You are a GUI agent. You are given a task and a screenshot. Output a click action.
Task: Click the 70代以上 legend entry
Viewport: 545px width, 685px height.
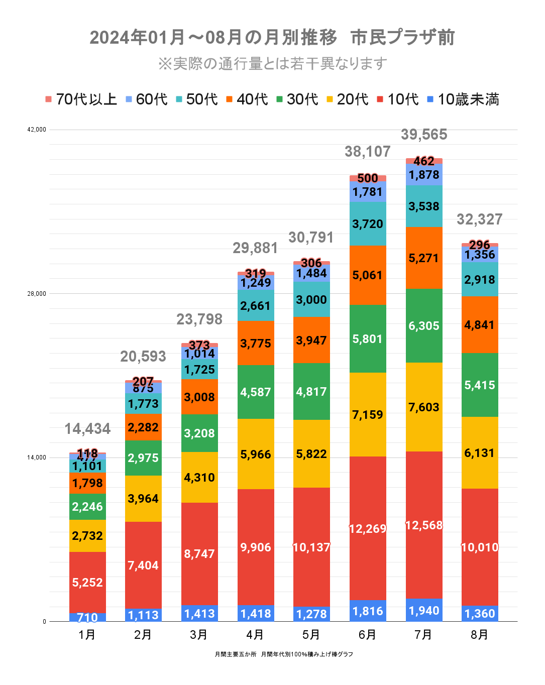81,99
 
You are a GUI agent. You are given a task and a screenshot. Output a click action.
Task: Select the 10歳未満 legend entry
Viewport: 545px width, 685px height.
463,99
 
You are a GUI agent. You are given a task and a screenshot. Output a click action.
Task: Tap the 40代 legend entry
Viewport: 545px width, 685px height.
247,99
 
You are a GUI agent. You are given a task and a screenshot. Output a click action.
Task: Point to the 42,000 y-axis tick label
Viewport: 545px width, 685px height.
37,130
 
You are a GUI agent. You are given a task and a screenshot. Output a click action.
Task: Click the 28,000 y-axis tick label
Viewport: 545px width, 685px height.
37,294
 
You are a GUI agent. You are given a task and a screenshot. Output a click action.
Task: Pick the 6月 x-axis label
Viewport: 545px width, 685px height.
367,635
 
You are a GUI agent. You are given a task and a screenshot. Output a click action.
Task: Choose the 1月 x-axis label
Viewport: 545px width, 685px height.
87,635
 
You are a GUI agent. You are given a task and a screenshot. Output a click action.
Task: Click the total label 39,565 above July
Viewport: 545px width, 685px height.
424,135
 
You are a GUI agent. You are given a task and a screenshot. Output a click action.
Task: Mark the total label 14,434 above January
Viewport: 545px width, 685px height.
87,429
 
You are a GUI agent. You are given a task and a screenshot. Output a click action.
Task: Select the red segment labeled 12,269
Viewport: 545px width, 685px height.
368,529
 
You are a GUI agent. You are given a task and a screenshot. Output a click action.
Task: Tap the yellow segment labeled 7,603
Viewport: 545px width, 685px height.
424,407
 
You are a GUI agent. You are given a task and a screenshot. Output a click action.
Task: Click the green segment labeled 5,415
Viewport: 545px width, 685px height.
480,385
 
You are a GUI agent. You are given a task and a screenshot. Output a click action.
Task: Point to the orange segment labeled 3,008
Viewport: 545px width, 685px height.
199,397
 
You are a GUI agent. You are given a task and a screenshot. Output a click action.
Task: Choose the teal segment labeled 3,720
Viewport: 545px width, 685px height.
368,224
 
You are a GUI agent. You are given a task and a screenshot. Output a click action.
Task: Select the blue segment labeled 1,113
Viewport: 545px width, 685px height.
143,615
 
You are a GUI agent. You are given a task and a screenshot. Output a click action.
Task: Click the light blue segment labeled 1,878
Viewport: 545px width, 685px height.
424,175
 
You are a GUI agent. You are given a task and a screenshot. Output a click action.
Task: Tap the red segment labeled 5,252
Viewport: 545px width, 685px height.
87,583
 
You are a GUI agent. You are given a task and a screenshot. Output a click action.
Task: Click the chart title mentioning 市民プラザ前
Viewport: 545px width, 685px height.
272,38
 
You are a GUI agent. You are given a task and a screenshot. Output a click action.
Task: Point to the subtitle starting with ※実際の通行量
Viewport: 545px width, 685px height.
272,64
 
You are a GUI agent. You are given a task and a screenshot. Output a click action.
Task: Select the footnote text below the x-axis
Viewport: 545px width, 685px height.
284,654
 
